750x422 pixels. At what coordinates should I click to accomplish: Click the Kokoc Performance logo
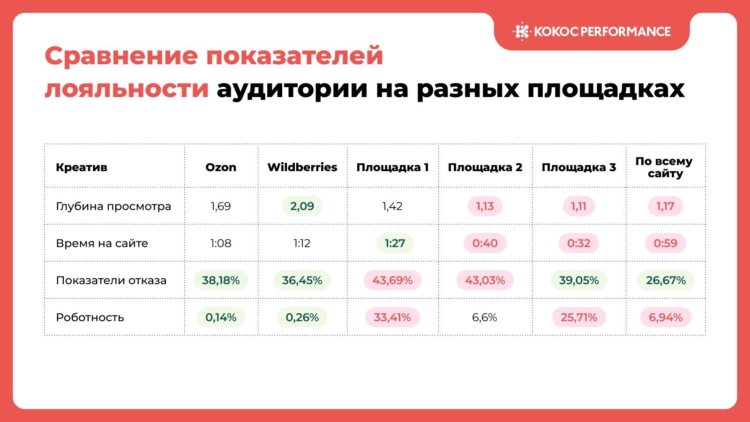(x=592, y=31)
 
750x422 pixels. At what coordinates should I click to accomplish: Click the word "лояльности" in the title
(x=127, y=89)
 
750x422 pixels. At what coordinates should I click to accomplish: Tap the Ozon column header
(x=221, y=167)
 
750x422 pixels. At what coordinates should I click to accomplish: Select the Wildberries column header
(x=302, y=167)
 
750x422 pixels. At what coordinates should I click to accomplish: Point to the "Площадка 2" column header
(x=485, y=167)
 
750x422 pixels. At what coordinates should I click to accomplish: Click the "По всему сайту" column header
(x=665, y=167)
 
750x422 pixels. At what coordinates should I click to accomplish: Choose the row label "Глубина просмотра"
(x=113, y=206)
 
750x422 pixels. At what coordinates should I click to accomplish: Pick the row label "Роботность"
(x=90, y=317)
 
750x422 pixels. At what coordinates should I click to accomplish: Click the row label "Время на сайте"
(x=102, y=243)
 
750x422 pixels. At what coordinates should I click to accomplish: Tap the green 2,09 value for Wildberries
(x=302, y=206)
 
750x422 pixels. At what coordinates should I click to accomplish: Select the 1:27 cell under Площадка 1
(x=395, y=243)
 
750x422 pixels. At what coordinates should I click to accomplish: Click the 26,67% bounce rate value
(x=666, y=280)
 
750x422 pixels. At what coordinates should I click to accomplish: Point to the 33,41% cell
(x=392, y=317)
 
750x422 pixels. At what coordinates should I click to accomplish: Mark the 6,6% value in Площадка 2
(x=485, y=317)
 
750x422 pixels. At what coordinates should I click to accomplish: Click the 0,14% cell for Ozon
(x=221, y=317)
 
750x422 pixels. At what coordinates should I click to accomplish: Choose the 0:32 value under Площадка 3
(x=579, y=243)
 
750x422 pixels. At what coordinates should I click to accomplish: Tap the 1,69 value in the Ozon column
(x=221, y=206)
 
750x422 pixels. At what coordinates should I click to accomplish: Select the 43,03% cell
(x=485, y=280)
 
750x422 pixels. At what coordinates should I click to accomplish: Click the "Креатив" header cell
(x=82, y=167)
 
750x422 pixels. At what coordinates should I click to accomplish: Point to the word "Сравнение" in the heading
(x=121, y=56)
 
